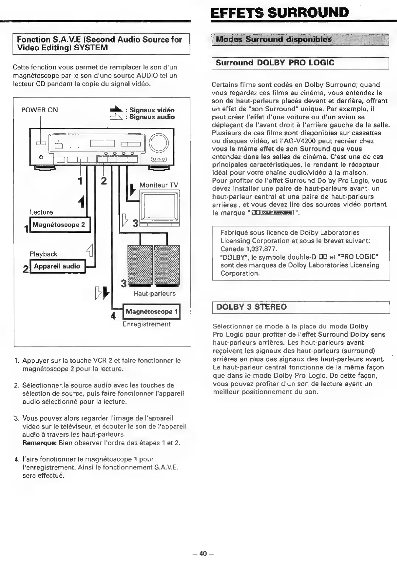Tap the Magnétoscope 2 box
coord(60,225)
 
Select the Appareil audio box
coord(58,266)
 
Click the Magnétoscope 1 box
coord(152,312)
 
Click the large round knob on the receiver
coord(159,142)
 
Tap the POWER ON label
coord(39,110)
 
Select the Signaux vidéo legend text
coord(152,110)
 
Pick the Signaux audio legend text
coord(152,117)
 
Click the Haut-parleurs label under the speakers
coord(154,294)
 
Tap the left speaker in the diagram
coord(140,265)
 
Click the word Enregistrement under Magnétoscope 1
coord(146,324)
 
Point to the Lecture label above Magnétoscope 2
coord(41,212)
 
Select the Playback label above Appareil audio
coord(44,254)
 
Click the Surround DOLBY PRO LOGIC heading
coord(275,63)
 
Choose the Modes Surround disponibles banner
coord(273,40)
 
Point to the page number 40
coord(203,554)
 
